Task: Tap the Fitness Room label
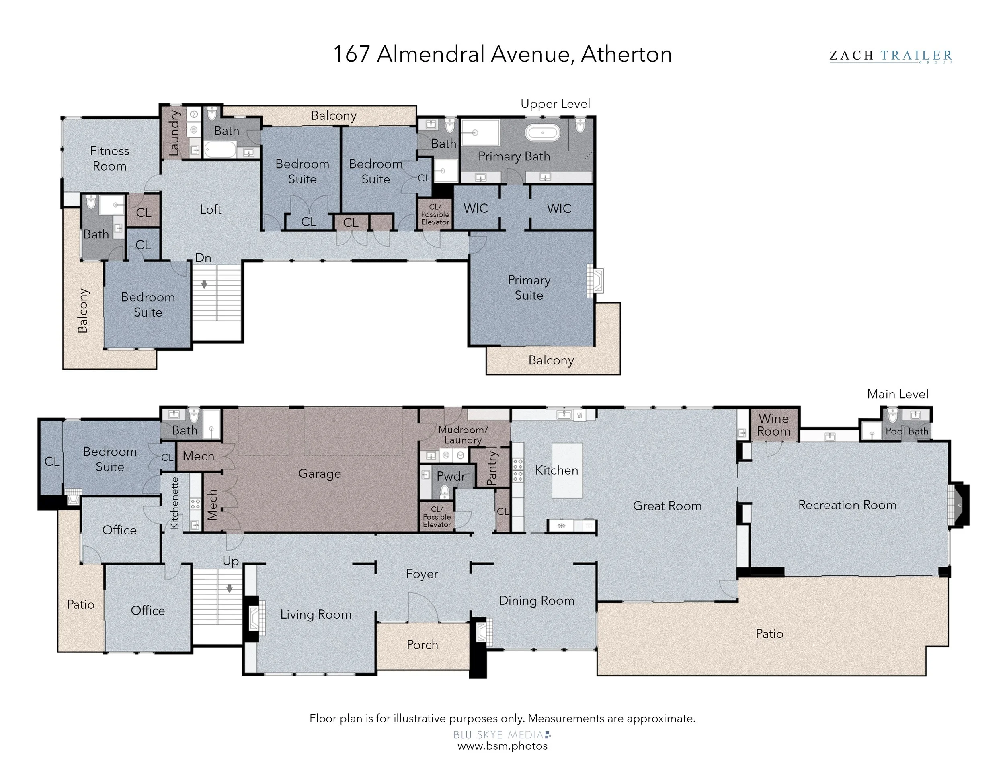pyautogui.click(x=109, y=158)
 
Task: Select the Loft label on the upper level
pyautogui.click(x=211, y=210)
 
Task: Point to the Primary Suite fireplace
pyautogui.click(x=595, y=280)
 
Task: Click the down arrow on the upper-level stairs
pyautogui.click(x=204, y=284)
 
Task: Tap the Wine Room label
pyautogui.click(x=773, y=425)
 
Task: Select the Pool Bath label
pyautogui.click(x=907, y=431)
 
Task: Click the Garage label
pyautogui.click(x=319, y=474)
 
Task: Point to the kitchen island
pyautogui.click(x=567, y=471)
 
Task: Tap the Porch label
pyautogui.click(x=423, y=644)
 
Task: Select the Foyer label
pyautogui.click(x=422, y=574)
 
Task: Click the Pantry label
pyautogui.click(x=492, y=468)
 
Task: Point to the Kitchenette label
pyautogui.click(x=174, y=503)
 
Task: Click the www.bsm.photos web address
pyautogui.click(x=503, y=746)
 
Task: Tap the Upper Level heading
pyautogui.click(x=556, y=104)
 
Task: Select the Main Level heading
pyautogui.click(x=898, y=394)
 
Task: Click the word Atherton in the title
pyautogui.click(x=626, y=54)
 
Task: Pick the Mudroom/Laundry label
pyautogui.click(x=463, y=434)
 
